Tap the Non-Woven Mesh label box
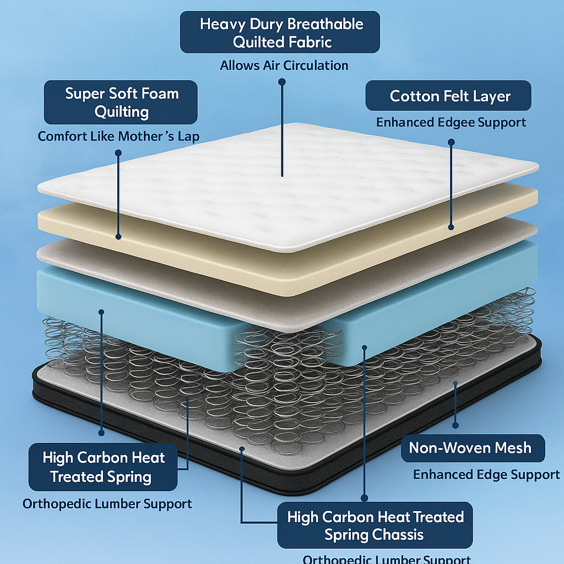(x=470, y=447)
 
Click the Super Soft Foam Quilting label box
(x=121, y=102)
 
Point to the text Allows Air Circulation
(x=284, y=66)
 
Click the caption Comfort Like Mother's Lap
(x=118, y=136)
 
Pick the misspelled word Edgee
(x=444, y=122)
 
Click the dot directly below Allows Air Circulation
(x=282, y=82)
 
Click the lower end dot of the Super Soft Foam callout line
(x=118, y=236)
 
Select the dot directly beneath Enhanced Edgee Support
(x=451, y=142)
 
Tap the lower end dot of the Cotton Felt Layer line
(x=451, y=226)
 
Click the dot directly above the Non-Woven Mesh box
(x=455, y=425)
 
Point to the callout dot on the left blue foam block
(x=101, y=312)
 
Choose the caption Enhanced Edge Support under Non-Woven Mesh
(x=486, y=474)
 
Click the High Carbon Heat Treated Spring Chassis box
(x=375, y=525)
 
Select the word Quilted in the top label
(x=263, y=42)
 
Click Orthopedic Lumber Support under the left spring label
(x=107, y=503)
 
